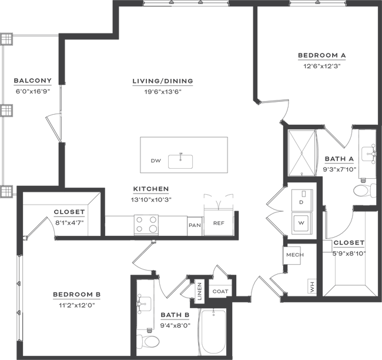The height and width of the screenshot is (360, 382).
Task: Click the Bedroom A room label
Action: point(322,55)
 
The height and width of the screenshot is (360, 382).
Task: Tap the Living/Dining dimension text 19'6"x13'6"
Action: point(163,92)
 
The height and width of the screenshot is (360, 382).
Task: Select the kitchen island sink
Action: point(180,161)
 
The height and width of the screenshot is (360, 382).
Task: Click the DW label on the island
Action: point(156,161)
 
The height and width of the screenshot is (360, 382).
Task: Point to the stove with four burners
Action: point(146,225)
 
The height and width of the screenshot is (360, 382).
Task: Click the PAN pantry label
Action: point(195,225)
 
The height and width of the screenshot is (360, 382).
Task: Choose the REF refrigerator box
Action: point(219,222)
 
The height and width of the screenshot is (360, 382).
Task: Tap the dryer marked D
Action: point(302,200)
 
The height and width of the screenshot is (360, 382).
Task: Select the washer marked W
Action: point(302,223)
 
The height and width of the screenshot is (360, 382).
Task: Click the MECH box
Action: point(291,255)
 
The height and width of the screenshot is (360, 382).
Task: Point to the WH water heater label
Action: point(312,286)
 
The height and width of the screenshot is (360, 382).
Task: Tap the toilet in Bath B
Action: point(148,341)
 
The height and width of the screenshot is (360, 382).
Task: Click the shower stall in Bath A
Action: point(302,153)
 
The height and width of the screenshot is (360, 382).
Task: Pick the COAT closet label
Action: point(220,291)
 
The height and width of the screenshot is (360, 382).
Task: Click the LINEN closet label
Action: point(200,291)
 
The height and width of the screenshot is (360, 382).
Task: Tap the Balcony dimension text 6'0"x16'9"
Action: point(33,91)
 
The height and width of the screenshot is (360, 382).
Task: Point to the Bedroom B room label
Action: point(77,294)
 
